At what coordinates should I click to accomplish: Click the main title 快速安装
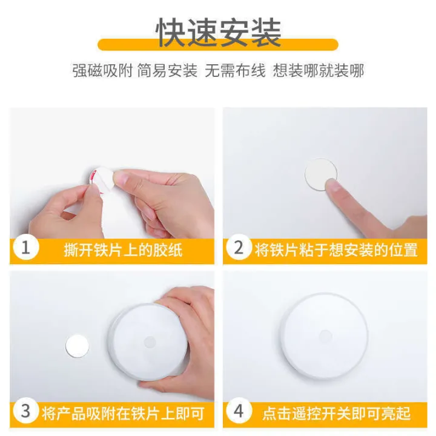click(219, 31)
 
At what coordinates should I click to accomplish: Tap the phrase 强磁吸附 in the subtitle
click(96, 71)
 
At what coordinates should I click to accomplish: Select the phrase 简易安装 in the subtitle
click(175, 71)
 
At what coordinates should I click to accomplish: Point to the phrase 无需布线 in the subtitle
click(235, 71)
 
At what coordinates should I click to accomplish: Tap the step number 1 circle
click(25, 248)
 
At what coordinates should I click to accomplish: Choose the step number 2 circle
click(239, 248)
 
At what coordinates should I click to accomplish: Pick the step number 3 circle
click(25, 412)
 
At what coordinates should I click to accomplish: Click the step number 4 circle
click(239, 412)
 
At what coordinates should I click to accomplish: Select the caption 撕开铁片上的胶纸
click(123, 249)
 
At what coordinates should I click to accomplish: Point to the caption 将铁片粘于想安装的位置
click(336, 249)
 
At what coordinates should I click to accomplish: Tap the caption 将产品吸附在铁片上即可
click(123, 414)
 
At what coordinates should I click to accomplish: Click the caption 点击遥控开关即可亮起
click(336, 414)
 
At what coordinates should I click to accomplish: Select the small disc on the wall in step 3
click(77, 345)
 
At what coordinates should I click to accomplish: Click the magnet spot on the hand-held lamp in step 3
click(149, 342)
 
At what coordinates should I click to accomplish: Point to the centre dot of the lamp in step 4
click(325, 335)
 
